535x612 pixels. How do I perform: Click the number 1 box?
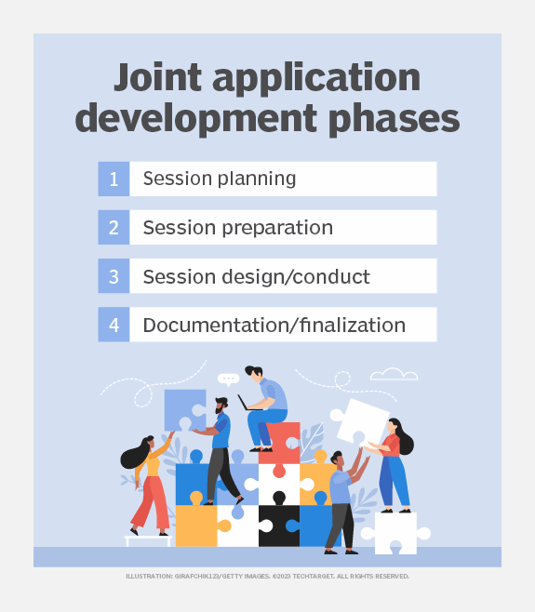click(x=114, y=179)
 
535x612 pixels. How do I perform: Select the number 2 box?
click(x=114, y=228)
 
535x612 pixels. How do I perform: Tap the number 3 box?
click(x=114, y=276)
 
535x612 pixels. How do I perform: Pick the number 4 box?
click(x=114, y=325)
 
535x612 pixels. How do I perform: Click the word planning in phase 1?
click(x=252, y=179)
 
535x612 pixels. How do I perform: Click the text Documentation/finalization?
click(x=274, y=325)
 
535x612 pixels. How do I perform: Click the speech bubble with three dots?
click(x=228, y=379)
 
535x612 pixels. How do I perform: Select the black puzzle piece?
click(x=279, y=526)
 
